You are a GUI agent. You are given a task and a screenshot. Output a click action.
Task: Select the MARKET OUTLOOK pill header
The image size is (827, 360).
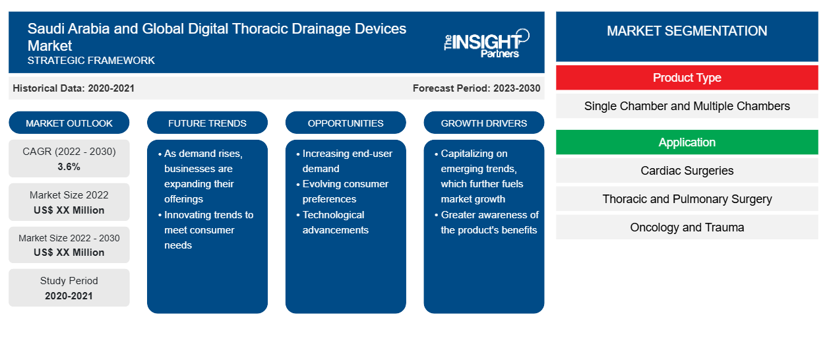coord(69,123)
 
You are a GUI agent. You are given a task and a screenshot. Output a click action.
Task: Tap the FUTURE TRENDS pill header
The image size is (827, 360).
coord(207,123)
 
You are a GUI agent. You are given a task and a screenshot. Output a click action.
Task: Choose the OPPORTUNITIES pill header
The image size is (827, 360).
coord(346,123)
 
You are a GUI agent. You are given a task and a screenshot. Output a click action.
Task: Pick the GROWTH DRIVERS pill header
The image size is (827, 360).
coord(484,123)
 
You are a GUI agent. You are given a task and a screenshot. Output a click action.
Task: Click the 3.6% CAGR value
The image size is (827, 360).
coord(69,167)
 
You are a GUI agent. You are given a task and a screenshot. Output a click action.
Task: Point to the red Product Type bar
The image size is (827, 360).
coord(687,78)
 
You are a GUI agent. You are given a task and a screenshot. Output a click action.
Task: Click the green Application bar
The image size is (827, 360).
coord(687,142)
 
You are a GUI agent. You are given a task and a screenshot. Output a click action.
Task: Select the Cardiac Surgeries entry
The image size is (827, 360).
coord(687,171)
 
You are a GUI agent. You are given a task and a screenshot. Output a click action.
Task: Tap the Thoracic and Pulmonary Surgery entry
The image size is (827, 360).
coord(687,199)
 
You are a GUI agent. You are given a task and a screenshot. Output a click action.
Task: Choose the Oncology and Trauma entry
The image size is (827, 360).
coord(687,227)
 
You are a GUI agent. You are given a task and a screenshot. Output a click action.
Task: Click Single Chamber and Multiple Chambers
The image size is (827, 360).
coord(687,106)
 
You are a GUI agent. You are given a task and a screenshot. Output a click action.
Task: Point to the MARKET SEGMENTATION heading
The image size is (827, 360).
coord(687,30)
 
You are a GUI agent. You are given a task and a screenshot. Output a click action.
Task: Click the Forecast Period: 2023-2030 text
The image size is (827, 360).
coord(476,88)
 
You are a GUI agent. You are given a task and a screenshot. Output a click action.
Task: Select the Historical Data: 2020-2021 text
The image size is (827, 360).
coord(73,88)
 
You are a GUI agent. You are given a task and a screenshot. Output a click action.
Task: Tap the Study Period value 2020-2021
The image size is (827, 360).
coord(69,296)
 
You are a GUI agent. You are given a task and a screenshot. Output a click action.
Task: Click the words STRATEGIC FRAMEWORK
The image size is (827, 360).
coord(91,61)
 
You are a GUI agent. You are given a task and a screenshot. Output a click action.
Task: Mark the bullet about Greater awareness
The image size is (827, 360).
coord(487,222)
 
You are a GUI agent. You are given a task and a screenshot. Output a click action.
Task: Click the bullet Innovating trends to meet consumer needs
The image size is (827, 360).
coord(206,230)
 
